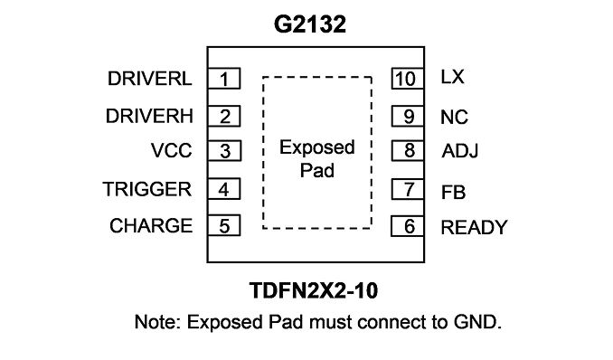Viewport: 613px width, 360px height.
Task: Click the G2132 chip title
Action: coord(309,24)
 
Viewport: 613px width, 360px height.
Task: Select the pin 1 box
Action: coord(223,79)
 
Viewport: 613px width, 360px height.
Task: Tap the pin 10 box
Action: coord(408,79)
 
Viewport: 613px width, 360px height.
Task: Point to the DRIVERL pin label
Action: coord(150,79)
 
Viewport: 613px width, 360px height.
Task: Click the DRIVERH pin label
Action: coord(149,116)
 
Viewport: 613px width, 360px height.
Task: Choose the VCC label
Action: coord(171,151)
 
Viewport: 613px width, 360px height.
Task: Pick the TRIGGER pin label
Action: coord(147,189)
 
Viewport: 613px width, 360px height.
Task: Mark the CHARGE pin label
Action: coord(151,226)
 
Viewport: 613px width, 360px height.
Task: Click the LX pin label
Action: coord(452,77)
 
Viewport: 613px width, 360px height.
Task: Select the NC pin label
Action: coord(454,117)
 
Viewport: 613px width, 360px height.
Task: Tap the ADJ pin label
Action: coord(459,151)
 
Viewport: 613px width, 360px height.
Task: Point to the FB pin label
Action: coord(453,193)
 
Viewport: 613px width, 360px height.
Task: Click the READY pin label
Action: coord(474,227)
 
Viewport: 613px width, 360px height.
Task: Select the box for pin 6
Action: coord(408,226)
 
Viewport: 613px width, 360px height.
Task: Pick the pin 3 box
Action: coord(224,151)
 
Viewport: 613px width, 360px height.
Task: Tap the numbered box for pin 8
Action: coord(408,151)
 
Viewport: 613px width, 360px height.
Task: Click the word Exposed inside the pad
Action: coord(317,148)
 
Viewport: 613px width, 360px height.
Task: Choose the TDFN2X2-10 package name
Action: coord(314,290)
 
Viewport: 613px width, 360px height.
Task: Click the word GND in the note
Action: coord(477,322)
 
